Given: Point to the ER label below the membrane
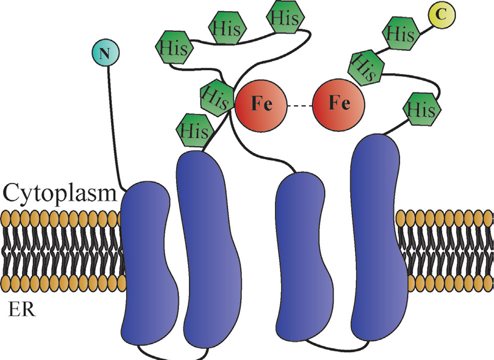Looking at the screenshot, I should (22, 309).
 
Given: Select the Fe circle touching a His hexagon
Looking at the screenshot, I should (260, 104).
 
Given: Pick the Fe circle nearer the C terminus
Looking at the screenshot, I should (339, 104).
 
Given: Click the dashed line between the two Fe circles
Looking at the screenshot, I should (300, 105).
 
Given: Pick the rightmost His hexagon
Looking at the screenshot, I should (423, 109).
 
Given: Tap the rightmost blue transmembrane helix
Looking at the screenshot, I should (377, 241).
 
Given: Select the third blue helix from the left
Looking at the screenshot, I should (300, 256).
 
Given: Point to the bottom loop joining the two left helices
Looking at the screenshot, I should (172, 355).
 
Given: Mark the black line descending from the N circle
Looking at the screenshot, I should (112, 128).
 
